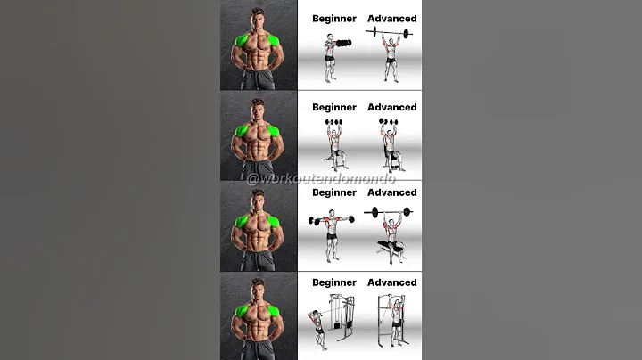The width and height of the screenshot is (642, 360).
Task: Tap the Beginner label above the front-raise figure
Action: coord(334,19)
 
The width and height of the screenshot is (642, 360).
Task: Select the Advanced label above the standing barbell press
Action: coord(391,19)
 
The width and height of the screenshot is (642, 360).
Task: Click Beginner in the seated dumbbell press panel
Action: coord(334,108)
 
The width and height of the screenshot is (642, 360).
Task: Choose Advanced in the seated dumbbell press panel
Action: coord(391,108)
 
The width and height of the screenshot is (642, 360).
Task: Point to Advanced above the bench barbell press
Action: coord(391,192)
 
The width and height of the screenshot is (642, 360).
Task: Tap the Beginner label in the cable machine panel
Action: coord(334,282)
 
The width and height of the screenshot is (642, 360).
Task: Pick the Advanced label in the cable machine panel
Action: coord(391,282)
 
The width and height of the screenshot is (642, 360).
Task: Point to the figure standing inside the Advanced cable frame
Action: coord(390,325)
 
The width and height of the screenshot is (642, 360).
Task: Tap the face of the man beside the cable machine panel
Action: coord(259,289)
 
